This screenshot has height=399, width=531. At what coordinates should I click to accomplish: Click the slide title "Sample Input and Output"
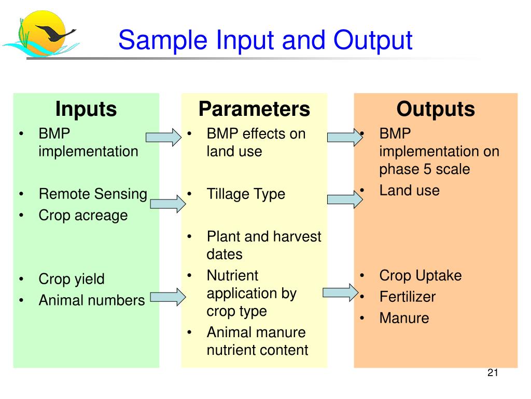point(265,41)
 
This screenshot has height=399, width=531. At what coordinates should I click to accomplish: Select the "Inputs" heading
point(86,109)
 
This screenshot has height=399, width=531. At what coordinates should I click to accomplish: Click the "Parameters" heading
point(254,109)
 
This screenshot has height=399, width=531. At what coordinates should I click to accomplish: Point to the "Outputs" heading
point(436,109)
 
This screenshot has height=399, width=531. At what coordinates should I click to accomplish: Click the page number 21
point(493,373)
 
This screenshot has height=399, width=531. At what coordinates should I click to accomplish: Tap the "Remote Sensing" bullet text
point(93,194)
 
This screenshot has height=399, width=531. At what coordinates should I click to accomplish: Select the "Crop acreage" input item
point(83,215)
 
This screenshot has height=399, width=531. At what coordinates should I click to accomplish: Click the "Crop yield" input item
point(72,279)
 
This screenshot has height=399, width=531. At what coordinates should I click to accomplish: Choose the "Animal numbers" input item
point(91,300)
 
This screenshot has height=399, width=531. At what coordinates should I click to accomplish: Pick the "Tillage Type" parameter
point(246,194)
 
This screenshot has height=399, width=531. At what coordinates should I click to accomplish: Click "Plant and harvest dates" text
point(263,245)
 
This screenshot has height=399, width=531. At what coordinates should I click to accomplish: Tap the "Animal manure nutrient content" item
point(257,341)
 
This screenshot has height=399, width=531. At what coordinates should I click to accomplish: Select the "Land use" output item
point(409,191)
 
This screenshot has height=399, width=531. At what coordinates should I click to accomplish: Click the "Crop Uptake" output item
point(420,276)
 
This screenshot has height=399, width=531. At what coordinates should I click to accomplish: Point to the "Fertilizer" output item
point(407,297)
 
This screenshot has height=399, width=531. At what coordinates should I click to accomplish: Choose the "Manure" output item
point(404,318)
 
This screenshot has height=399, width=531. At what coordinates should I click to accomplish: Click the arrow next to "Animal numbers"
point(168,297)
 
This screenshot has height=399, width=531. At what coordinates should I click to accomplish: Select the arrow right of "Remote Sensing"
point(168,204)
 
